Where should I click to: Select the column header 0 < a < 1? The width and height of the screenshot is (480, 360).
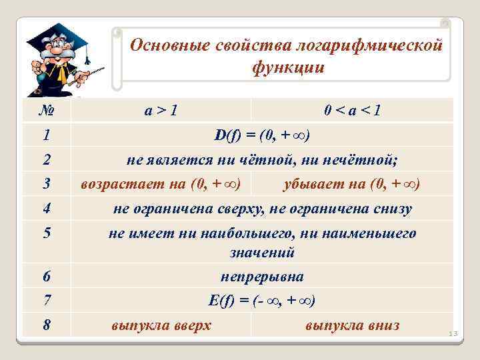tap(352, 110)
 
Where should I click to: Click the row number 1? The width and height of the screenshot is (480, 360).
tap(46, 135)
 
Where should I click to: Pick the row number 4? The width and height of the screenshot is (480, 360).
tap(46, 209)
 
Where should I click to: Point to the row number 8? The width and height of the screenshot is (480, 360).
tap(46, 325)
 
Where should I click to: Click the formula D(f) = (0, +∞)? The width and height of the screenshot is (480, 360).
tap(261, 135)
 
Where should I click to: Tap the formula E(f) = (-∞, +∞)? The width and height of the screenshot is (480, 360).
tap(261, 301)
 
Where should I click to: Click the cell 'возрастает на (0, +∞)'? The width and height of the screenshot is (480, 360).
tap(161, 183)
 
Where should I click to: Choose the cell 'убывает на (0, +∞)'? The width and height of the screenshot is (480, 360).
tap(352, 183)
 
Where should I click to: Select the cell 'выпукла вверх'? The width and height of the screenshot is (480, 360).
tap(161, 325)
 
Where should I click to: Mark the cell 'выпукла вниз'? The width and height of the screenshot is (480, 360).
tap(352, 325)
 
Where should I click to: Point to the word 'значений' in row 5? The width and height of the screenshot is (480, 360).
tap(261, 253)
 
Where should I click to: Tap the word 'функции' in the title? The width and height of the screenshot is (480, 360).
tap(287, 67)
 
